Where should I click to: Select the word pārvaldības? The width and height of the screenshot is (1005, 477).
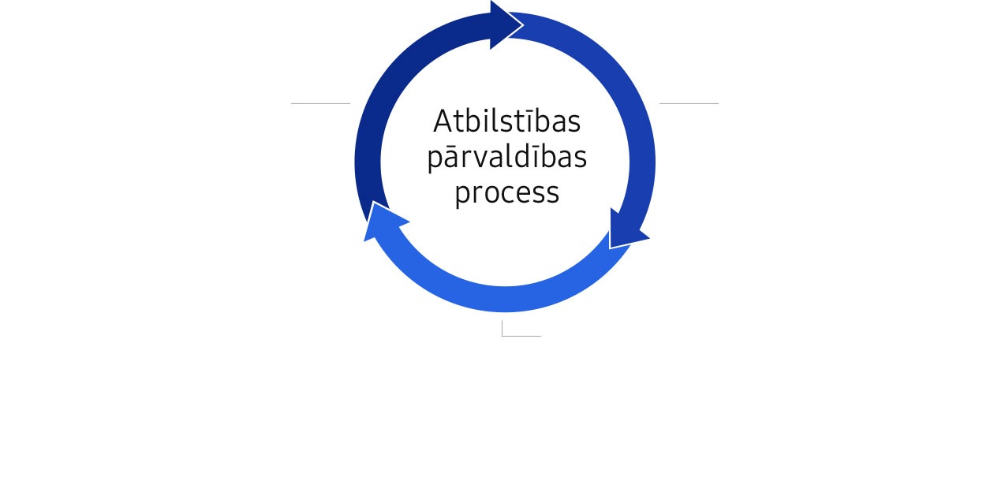[x=507, y=158]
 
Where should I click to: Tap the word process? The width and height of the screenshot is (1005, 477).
[x=507, y=193]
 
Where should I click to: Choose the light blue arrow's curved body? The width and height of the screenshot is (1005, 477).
[x=505, y=299]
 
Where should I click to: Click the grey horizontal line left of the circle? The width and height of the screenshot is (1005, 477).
[x=320, y=103]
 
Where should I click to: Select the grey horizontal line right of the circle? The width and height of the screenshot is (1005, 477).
[x=689, y=103]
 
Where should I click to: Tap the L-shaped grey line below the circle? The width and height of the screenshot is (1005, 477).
[x=502, y=335]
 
